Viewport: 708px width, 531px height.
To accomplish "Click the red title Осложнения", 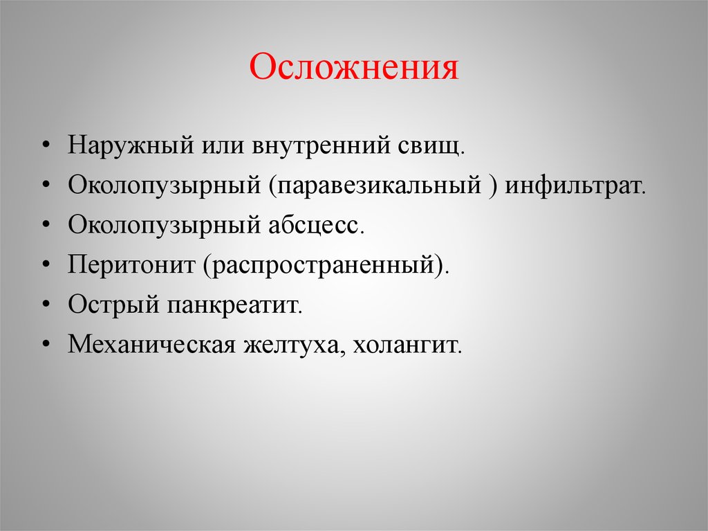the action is coord(353,67).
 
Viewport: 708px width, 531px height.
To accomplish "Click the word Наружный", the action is coord(131,145).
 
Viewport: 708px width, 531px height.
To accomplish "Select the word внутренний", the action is coord(321,145).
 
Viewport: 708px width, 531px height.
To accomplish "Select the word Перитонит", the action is coord(131,264).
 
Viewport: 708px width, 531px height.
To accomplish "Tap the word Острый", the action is coord(113,305).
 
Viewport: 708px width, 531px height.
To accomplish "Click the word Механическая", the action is coord(151,344).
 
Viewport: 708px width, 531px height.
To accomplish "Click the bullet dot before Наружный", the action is coord(45,146).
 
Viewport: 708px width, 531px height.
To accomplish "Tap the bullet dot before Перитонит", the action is coord(45,265).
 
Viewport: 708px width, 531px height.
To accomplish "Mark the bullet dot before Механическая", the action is coord(45,345).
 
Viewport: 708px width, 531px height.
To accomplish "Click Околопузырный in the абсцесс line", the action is coord(165,225).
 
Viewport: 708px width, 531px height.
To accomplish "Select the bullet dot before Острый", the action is coord(45,305).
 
